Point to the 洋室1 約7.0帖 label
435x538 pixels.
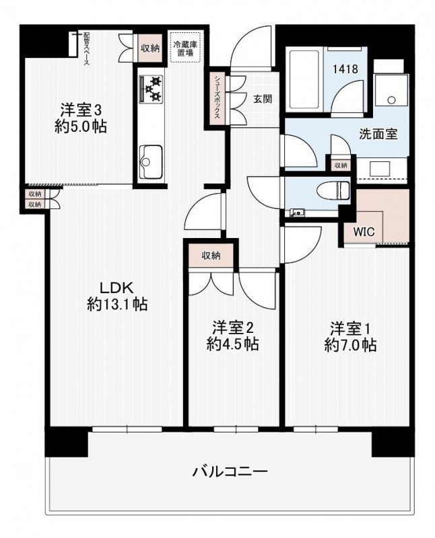pyautogui.click(x=349, y=336)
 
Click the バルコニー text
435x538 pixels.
pyautogui.click(x=230, y=471)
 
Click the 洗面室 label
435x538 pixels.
pyautogui.click(x=376, y=132)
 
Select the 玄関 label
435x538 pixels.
pyautogui.click(x=263, y=98)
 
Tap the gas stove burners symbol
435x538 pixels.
pyautogui.click(x=152, y=88)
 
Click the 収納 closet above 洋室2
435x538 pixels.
pyautogui.click(x=210, y=256)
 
